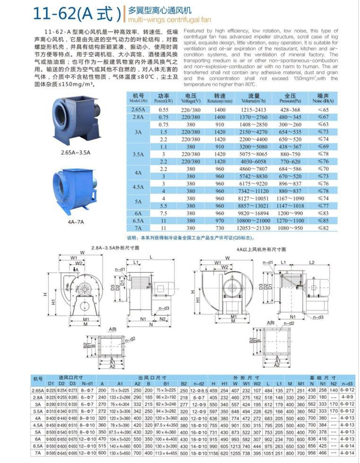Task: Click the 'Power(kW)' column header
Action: pos(164,98)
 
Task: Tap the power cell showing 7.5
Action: pos(164,212)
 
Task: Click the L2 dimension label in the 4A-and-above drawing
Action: pos(311,262)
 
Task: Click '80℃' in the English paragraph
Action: pos(247,85)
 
